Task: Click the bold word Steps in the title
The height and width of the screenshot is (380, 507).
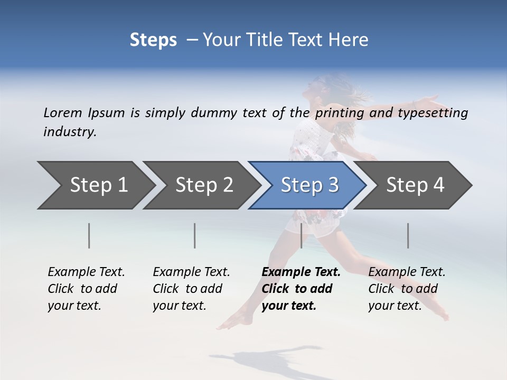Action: click(x=153, y=40)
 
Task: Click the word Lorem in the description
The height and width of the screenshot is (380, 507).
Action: click(x=62, y=113)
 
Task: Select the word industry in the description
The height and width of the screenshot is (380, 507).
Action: click(x=69, y=132)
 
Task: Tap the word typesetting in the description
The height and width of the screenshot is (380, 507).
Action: click(x=436, y=113)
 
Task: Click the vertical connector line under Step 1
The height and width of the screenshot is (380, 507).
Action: click(x=89, y=235)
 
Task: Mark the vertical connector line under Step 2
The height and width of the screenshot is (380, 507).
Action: click(x=195, y=235)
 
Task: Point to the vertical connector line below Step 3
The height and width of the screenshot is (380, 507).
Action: click(x=301, y=235)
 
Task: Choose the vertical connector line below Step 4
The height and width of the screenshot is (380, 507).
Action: click(x=408, y=235)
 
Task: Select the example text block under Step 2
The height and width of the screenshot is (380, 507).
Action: click(x=191, y=289)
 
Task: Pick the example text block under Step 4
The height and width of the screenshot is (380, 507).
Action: click(x=406, y=289)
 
